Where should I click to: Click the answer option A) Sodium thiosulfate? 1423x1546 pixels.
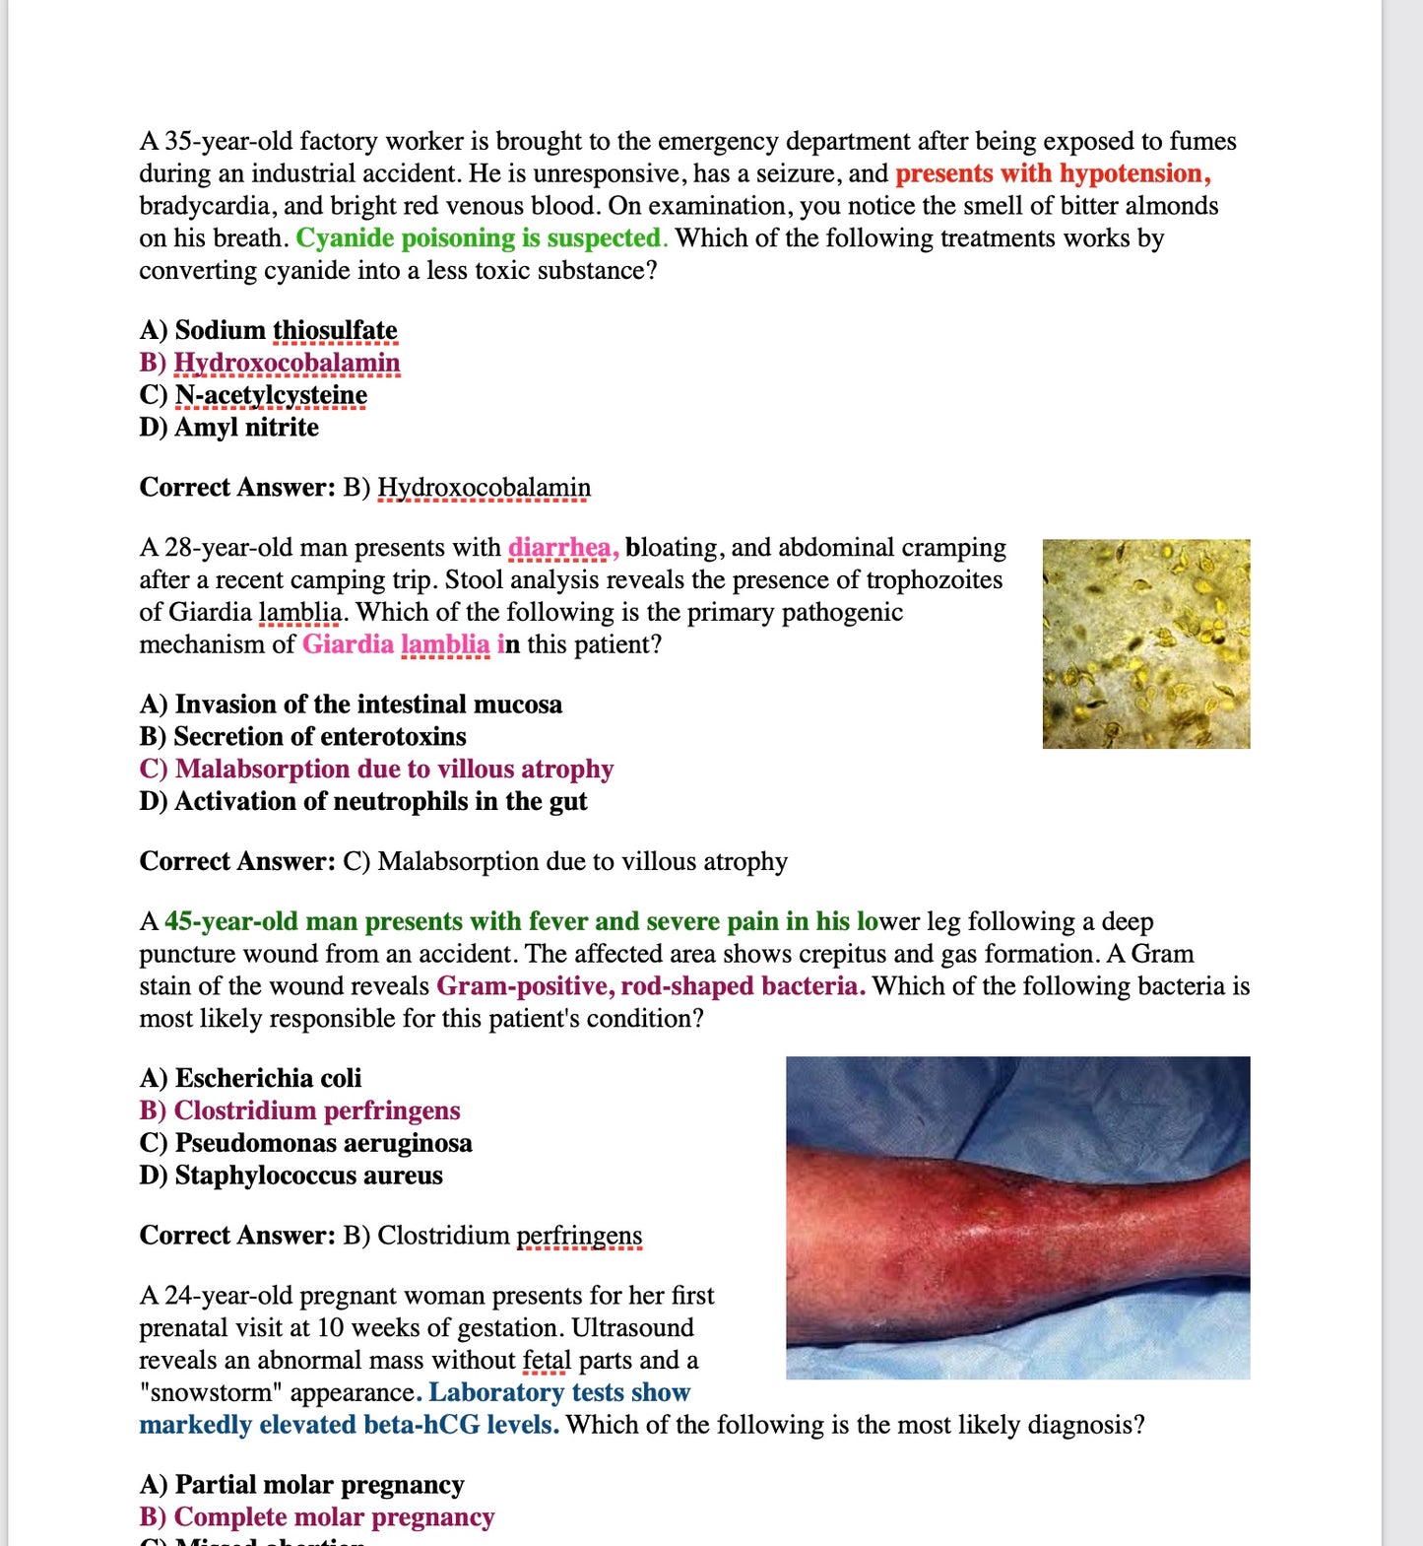pos(268,330)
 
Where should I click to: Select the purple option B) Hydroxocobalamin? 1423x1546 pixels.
pos(270,363)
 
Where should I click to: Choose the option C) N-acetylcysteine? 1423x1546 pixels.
pos(253,395)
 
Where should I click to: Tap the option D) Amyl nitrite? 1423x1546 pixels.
pos(228,428)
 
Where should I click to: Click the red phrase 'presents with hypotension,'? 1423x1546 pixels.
pos(1053,173)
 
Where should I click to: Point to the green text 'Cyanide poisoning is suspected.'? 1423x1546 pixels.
pos(482,238)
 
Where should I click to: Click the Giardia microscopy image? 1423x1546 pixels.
pos(1145,643)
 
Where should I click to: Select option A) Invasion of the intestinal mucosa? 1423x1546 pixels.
pos(351,705)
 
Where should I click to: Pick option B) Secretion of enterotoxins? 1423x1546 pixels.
pos(302,737)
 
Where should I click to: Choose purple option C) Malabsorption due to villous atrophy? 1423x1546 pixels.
pos(376,770)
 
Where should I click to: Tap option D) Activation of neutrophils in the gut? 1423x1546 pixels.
pos(362,802)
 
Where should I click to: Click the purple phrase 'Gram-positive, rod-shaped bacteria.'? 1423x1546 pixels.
pos(651,986)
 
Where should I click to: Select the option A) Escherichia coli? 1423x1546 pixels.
pos(250,1078)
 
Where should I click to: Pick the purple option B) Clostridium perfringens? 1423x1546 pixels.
pos(299,1110)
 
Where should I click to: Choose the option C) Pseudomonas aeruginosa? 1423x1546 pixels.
pos(305,1143)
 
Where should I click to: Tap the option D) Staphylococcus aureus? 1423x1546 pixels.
pos(291,1176)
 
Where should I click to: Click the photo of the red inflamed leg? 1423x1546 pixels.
pos(1017,1217)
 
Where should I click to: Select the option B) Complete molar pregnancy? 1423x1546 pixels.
pos(316,1517)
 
